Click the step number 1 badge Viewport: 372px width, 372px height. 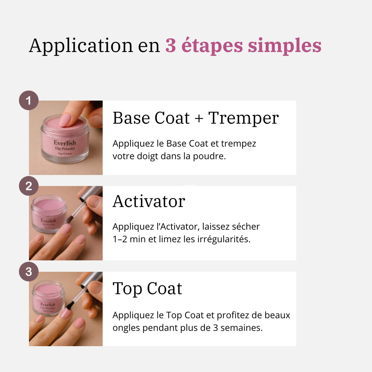(x=29, y=100)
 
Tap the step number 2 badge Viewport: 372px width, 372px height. (x=29, y=186)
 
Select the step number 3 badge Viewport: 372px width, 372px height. (x=29, y=271)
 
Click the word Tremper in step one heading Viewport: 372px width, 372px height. (x=244, y=118)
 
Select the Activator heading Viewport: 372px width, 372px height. (x=149, y=201)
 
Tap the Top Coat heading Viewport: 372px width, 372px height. (x=147, y=288)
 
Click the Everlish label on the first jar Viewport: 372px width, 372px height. (x=65, y=143)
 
